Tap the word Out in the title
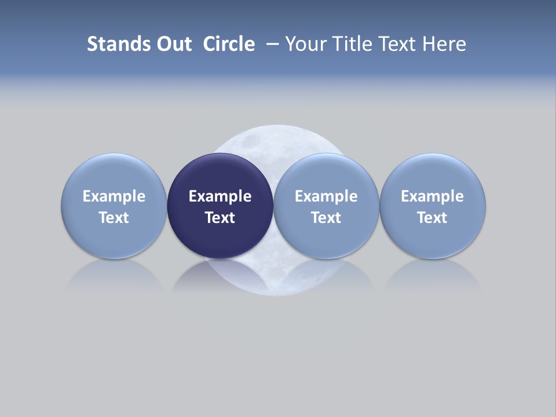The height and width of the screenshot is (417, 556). [172, 44]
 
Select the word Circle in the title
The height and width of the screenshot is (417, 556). [229, 44]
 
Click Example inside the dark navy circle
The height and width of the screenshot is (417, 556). [220, 196]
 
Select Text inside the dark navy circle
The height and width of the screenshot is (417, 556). [220, 218]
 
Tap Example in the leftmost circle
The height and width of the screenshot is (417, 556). [114, 196]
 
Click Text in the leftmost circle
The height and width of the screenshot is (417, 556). [114, 218]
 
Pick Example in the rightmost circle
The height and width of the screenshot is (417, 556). [432, 196]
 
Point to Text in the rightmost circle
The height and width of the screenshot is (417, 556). [432, 218]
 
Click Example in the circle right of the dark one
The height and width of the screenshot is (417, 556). [326, 196]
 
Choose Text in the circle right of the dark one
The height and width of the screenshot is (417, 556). [326, 218]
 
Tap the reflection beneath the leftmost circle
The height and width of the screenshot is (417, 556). [114, 275]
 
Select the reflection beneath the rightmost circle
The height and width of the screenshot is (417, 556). [432, 275]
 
